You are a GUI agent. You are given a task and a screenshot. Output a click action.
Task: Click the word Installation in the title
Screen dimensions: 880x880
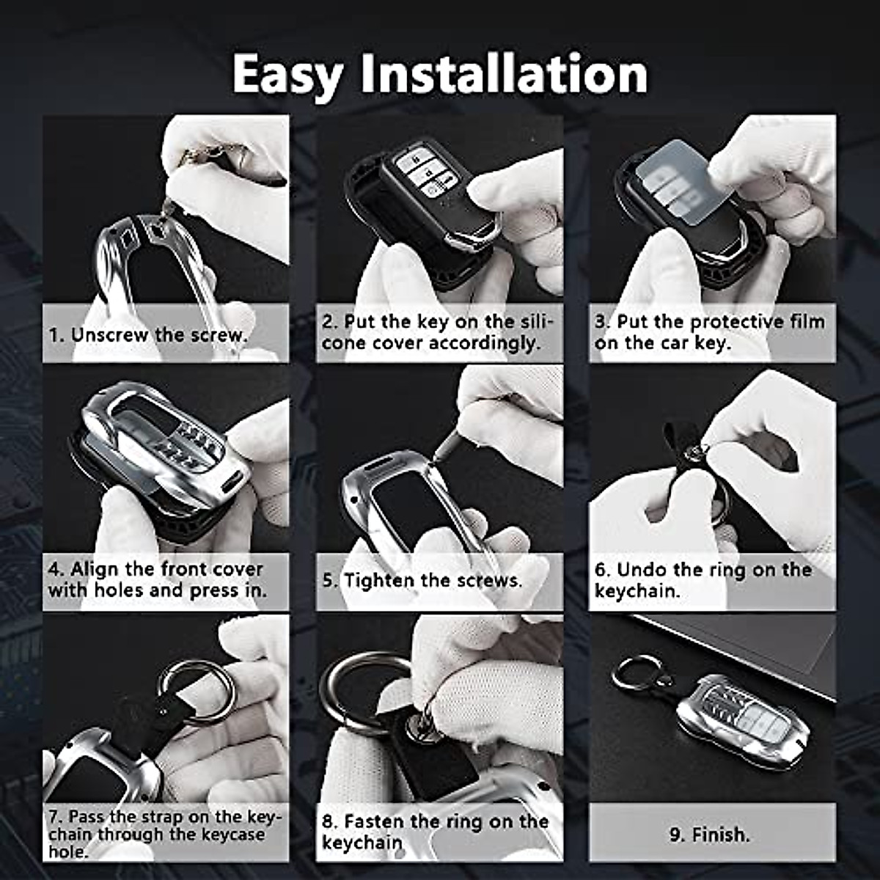(x=504, y=75)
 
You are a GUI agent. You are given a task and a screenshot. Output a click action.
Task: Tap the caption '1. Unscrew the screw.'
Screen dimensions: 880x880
(x=147, y=335)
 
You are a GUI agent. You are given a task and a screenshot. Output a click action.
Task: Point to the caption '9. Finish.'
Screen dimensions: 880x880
(x=709, y=835)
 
